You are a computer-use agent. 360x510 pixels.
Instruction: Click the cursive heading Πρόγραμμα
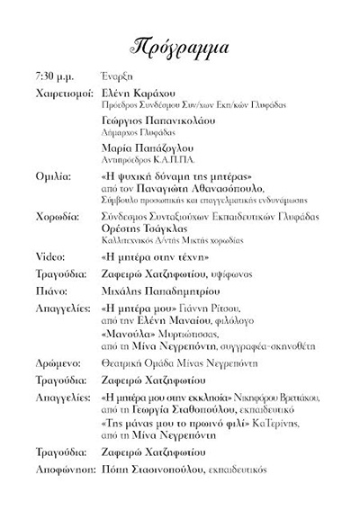click(179, 47)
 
